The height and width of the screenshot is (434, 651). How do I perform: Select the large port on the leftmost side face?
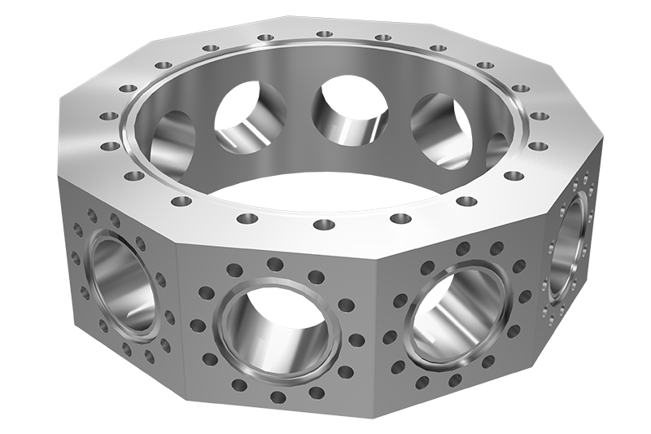[122, 280]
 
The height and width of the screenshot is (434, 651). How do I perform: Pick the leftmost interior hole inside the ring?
[173, 142]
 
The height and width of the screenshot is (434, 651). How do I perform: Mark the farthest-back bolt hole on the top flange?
[324, 34]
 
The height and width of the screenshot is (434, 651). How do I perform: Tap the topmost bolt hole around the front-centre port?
[275, 264]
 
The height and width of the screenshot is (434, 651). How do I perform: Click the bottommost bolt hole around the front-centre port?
[277, 397]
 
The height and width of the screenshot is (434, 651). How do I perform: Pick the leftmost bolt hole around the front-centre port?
[198, 326]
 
